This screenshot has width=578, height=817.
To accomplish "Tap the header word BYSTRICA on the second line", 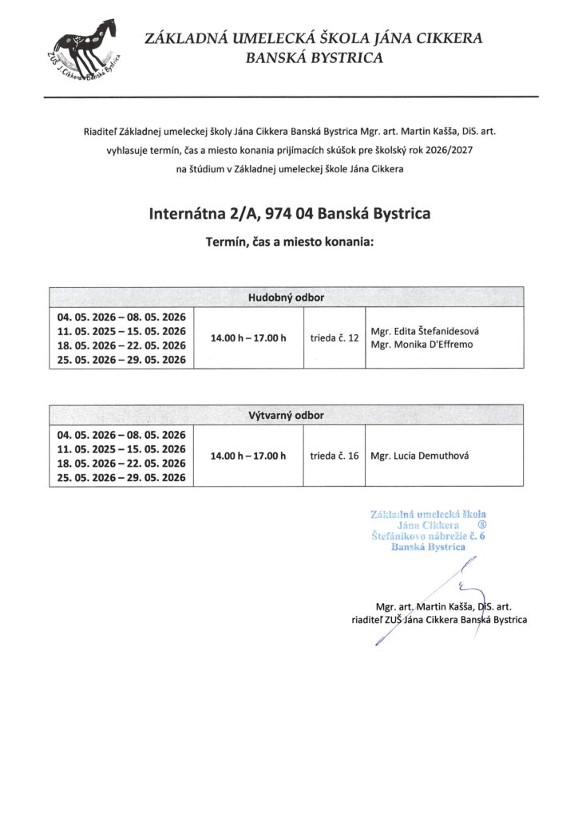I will click(x=338, y=57).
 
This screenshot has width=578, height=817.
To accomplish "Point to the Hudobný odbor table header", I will click(x=287, y=298).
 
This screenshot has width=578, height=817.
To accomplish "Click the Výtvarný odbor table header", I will click(x=287, y=416).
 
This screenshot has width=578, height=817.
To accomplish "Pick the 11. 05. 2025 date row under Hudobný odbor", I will click(x=121, y=331).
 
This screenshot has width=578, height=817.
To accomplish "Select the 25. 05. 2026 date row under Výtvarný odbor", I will click(x=121, y=478).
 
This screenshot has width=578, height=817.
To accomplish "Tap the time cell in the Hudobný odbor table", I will click(x=248, y=338).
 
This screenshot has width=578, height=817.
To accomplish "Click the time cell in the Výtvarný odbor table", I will click(x=248, y=456).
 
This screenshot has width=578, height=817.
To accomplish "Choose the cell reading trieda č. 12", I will click(x=335, y=338).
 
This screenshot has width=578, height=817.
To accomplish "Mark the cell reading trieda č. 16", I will click(x=335, y=456).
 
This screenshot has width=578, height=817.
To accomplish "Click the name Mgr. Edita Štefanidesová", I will click(x=425, y=331).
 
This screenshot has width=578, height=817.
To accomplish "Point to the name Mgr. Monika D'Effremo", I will click(x=420, y=345).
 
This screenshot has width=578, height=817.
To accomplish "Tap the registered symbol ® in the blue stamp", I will click(x=481, y=526).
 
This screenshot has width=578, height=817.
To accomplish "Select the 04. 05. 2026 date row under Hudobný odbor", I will click(x=121, y=316).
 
